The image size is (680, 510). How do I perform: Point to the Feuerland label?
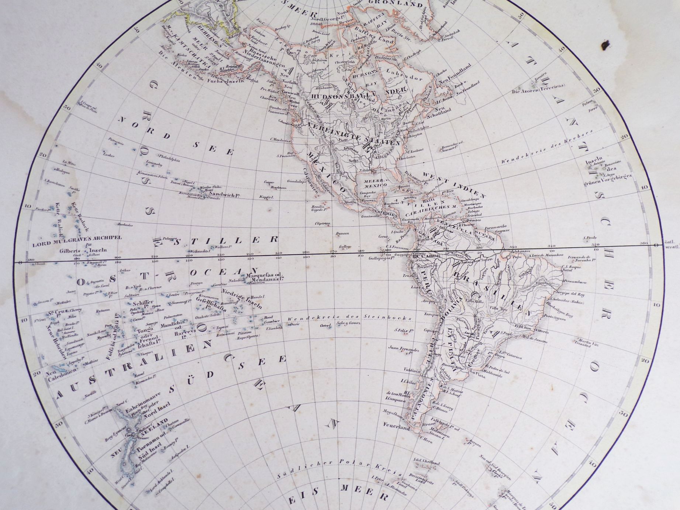[397, 428]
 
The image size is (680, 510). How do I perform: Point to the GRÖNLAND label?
[400, 4]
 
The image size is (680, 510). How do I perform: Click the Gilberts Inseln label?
[83, 250]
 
